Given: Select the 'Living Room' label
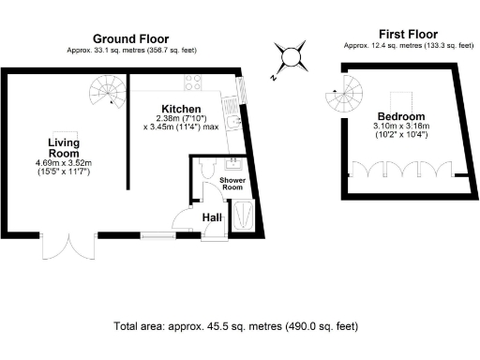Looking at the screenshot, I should (x=64, y=147).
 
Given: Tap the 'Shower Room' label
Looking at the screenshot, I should (x=232, y=183).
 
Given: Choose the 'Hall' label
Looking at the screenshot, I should (x=212, y=217).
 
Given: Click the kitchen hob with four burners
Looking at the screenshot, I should (x=196, y=81).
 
